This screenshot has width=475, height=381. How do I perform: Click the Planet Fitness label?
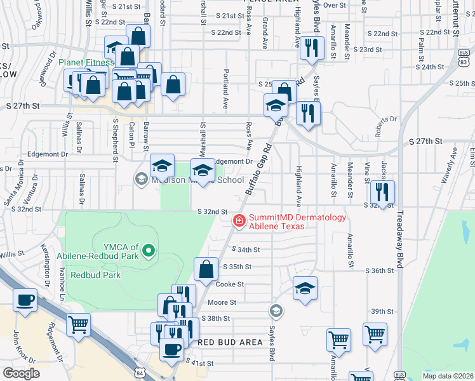(86, 63)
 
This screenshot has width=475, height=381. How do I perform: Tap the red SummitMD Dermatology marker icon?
(239, 220)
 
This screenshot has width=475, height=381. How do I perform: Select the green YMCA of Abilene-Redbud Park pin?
(149, 251)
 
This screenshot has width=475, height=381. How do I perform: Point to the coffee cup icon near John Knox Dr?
(25, 300)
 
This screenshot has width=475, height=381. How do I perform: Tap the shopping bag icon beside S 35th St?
(206, 269)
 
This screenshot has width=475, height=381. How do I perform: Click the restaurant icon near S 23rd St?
(311, 49)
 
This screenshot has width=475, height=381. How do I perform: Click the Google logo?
(20, 373)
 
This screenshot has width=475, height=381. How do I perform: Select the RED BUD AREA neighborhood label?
(230, 342)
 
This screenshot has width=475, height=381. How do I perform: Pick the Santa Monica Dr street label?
(15, 194)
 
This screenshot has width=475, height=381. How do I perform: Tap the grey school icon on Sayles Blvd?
(276, 311)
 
